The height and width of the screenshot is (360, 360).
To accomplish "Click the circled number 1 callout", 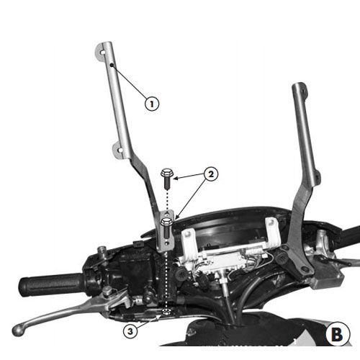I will coord(151,102).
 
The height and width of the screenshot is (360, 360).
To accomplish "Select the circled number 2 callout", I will coord(210,174).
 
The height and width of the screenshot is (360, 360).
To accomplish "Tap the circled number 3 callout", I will coord(130,330).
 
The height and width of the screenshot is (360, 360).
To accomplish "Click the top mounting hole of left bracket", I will coord(101,50).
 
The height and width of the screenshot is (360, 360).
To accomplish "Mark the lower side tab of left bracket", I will coord(118,149).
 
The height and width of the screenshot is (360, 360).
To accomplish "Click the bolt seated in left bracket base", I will coord(166,223).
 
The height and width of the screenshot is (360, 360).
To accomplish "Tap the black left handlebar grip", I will coord(51,284).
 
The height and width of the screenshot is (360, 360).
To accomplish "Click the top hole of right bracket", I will coord(297,91).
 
